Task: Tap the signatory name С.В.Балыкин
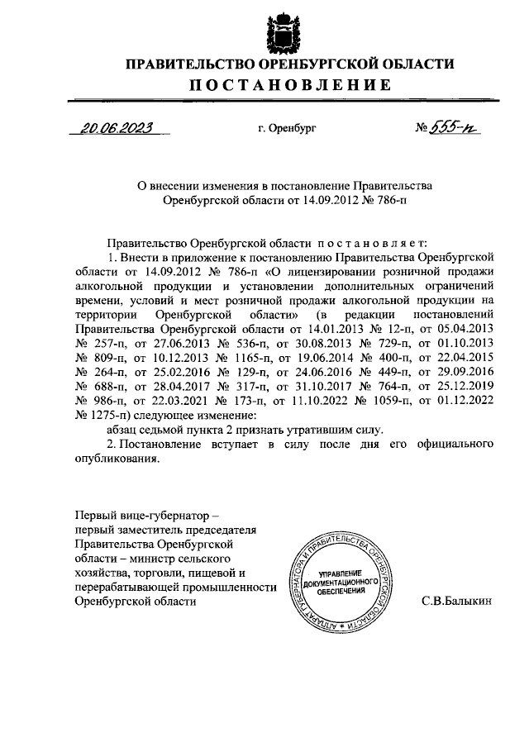(457, 602)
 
